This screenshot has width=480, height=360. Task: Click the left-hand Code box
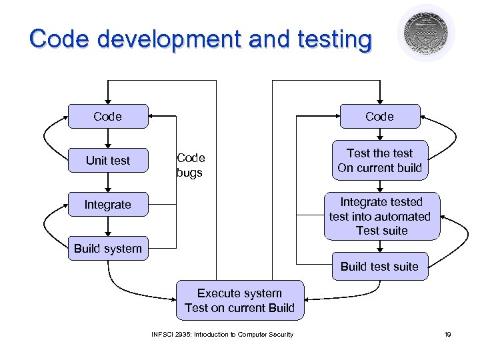pos(107,117)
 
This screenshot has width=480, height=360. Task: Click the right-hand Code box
pos(379,117)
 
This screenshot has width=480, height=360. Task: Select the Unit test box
pos(107,161)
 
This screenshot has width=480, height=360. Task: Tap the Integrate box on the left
pos(107,205)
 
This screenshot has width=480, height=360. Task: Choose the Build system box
pos(107,249)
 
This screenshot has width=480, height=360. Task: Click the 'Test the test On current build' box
pos(379,161)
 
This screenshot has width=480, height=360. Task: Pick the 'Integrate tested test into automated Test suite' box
pos(381,216)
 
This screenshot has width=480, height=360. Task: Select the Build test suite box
pos(379,267)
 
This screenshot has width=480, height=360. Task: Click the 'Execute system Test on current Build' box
pos(239,300)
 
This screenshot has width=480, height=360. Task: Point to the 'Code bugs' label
pos(191,165)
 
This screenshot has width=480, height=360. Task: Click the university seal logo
pos(426,33)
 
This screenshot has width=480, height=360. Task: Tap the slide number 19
pos(447,334)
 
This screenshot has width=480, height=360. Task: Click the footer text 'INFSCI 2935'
pos(169,334)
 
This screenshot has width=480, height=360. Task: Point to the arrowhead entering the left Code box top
pos(107,100)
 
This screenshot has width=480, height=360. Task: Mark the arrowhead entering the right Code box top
pos(379,100)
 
